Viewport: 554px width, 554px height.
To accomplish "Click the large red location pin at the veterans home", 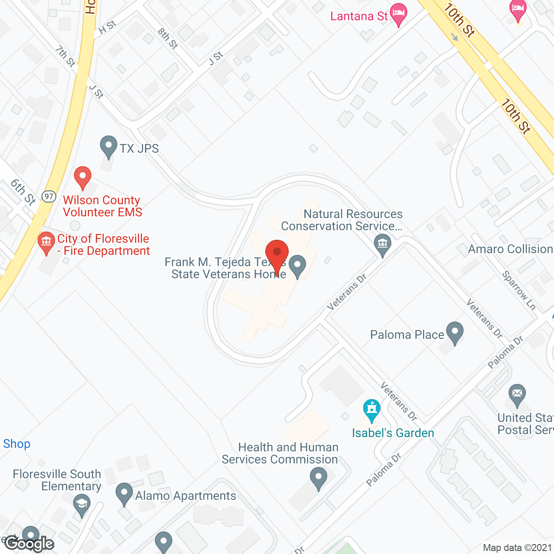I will [277, 253].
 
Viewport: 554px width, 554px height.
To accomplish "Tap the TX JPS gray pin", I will [108, 146].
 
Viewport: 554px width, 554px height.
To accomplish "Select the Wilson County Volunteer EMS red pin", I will [83, 177].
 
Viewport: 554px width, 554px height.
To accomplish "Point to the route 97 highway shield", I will [49, 196].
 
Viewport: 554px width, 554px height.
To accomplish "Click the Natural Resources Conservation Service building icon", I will [383, 244].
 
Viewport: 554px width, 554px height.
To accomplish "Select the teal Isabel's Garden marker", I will [371, 409].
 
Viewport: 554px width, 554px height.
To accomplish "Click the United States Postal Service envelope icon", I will [517, 394].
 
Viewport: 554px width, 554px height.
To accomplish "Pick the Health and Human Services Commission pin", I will [319, 478].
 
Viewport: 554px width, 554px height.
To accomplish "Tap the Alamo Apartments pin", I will [124, 493].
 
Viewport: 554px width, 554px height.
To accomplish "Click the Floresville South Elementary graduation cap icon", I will [81, 504].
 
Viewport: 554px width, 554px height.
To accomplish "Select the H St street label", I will [107, 27].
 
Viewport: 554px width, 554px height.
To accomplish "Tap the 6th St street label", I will [23, 192].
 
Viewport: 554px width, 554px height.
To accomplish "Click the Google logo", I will [29, 544].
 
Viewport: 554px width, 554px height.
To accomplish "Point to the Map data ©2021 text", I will [517, 548].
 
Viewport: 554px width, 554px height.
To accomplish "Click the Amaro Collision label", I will [510, 249].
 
